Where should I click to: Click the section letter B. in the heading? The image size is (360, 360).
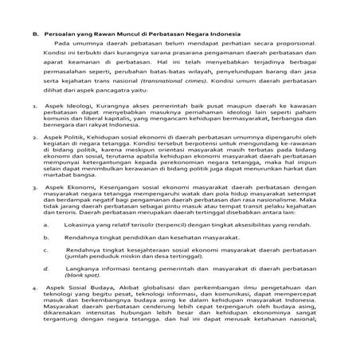coord(35,34)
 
